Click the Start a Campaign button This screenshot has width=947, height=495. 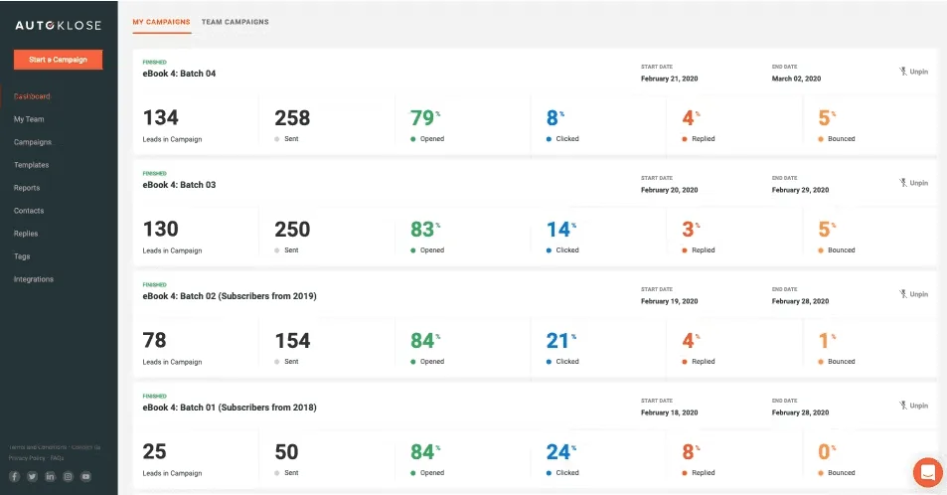[x=58, y=60]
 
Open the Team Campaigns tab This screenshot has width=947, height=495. [x=235, y=22]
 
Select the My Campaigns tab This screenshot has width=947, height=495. [x=162, y=22]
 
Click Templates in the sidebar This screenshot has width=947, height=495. [x=31, y=165]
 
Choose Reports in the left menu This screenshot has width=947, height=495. [x=27, y=188]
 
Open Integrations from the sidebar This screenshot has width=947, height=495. [x=34, y=279]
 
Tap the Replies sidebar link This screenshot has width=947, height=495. [x=26, y=234]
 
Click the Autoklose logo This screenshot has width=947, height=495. [x=58, y=26]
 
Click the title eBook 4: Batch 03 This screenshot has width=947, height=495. [x=180, y=185]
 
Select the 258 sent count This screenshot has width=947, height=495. [x=292, y=118]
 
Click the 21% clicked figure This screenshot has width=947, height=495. [x=557, y=341]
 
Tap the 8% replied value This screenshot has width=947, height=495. [x=689, y=452]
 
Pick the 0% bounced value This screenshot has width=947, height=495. [x=824, y=452]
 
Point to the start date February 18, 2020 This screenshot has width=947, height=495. [x=669, y=412]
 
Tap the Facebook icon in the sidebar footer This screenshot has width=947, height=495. [x=15, y=477]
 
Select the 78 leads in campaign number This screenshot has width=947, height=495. [x=155, y=341]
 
